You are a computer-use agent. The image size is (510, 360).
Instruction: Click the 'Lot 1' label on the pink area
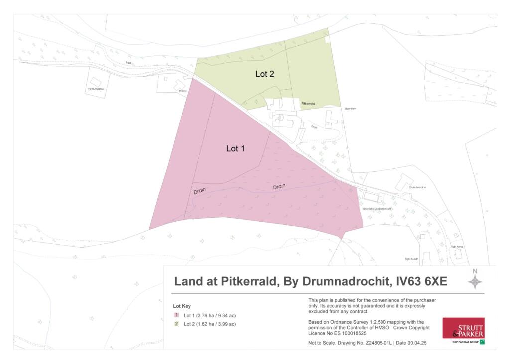pyautogui.click(x=235, y=148)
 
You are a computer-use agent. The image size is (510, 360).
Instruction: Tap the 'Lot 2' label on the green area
pyautogui.click(x=265, y=74)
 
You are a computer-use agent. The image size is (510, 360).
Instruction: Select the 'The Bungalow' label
pyautogui.click(x=95, y=89)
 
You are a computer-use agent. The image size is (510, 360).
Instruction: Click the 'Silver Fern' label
pyautogui.click(x=350, y=108)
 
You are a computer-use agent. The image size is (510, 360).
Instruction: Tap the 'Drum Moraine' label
pyautogui.click(x=417, y=187)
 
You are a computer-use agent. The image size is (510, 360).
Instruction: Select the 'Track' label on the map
pyautogui.click(x=129, y=63)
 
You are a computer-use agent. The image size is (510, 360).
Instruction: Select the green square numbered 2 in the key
pyautogui.click(x=176, y=324)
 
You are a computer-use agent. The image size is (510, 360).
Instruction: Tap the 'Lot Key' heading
pyautogui.click(x=182, y=306)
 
